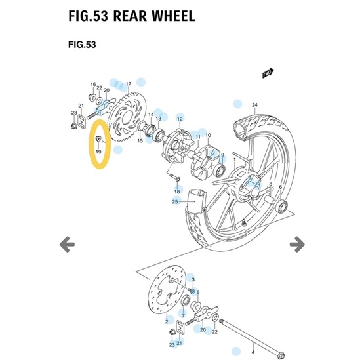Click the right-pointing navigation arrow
tap(297, 245)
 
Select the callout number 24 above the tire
tap(254, 105)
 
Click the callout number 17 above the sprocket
tap(129, 84)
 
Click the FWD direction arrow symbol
tap(267, 72)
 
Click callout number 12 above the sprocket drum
tap(178, 119)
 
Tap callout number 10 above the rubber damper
tap(209, 136)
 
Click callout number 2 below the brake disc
tap(167, 321)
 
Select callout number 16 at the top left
tap(92, 85)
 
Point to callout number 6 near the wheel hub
tap(281, 187)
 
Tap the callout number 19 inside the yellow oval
tap(98, 151)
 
